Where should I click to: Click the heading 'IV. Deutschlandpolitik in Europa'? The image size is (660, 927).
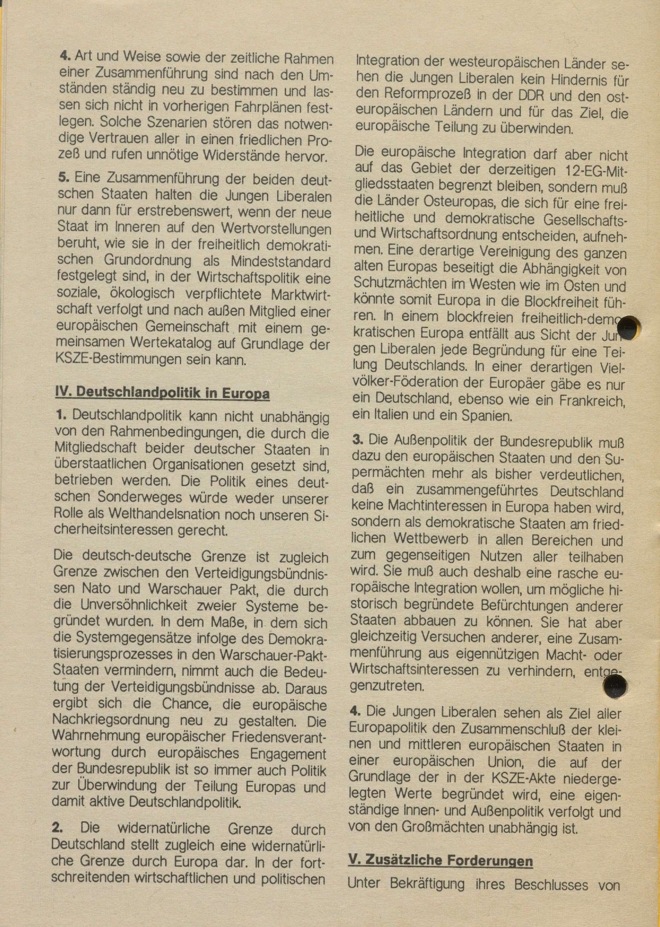coord(162,393)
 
